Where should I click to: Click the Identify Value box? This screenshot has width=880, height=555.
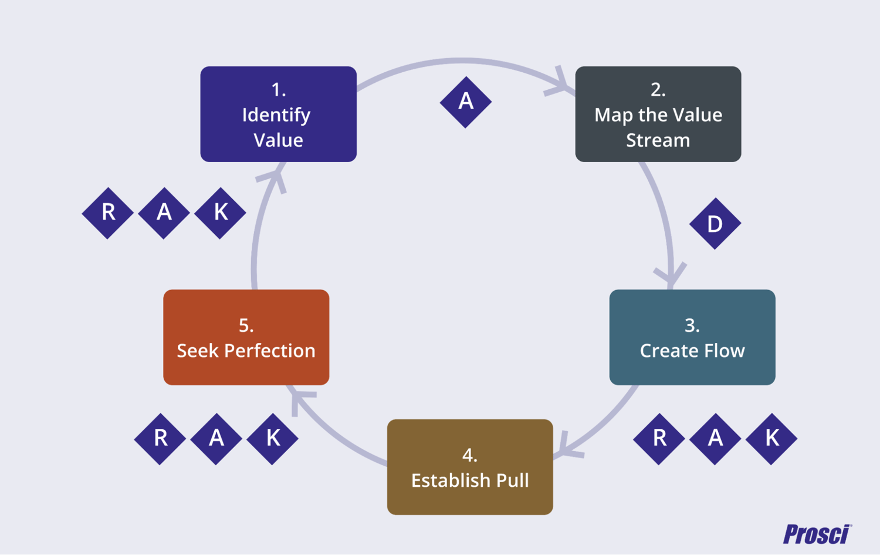coord(278,114)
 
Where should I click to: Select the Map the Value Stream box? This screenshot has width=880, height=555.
coord(658,114)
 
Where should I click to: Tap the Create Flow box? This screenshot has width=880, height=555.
coord(692,337)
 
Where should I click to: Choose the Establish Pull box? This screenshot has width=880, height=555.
coord(469,467)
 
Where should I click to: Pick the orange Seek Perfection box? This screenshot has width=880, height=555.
coord(246,337)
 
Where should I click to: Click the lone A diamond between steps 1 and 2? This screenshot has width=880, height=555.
coord(465,102)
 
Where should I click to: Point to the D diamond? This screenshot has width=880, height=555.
coord(715,224)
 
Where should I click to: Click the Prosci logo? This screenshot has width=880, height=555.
coord(817,534)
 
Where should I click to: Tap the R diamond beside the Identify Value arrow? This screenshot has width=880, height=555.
coord(108,213)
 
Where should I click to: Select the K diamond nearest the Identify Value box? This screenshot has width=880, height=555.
coord(220,213)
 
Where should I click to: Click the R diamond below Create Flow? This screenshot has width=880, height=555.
coord(659,439)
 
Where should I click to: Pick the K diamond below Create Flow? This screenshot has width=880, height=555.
coord(771,439)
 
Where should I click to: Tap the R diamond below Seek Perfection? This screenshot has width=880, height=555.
coord(160,439)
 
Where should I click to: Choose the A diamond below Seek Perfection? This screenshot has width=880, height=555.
coord(216,439)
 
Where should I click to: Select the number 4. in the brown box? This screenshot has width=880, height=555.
coord(469,455)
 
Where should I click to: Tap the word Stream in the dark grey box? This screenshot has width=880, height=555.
coord(658,140)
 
